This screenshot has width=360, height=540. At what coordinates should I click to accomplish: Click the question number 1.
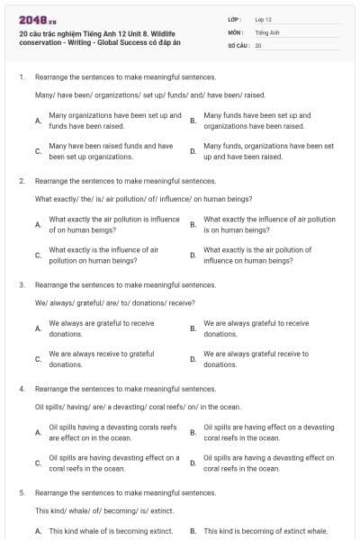(x=21, y=77)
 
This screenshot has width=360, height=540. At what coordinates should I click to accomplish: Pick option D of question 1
(x=268, y=150)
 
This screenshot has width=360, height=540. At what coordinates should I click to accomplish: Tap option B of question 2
(x=269, y=224)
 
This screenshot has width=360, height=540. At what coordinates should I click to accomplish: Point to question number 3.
(x=21, y=284)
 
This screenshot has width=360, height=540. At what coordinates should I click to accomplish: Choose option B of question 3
(x=256, y=328)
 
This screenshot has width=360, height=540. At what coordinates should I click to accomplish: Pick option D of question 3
(x=256, y=359)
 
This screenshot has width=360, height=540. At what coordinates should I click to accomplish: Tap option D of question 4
(x=268, y=463)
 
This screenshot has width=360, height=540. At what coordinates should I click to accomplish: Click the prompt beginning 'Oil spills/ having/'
(x=138, y=407)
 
